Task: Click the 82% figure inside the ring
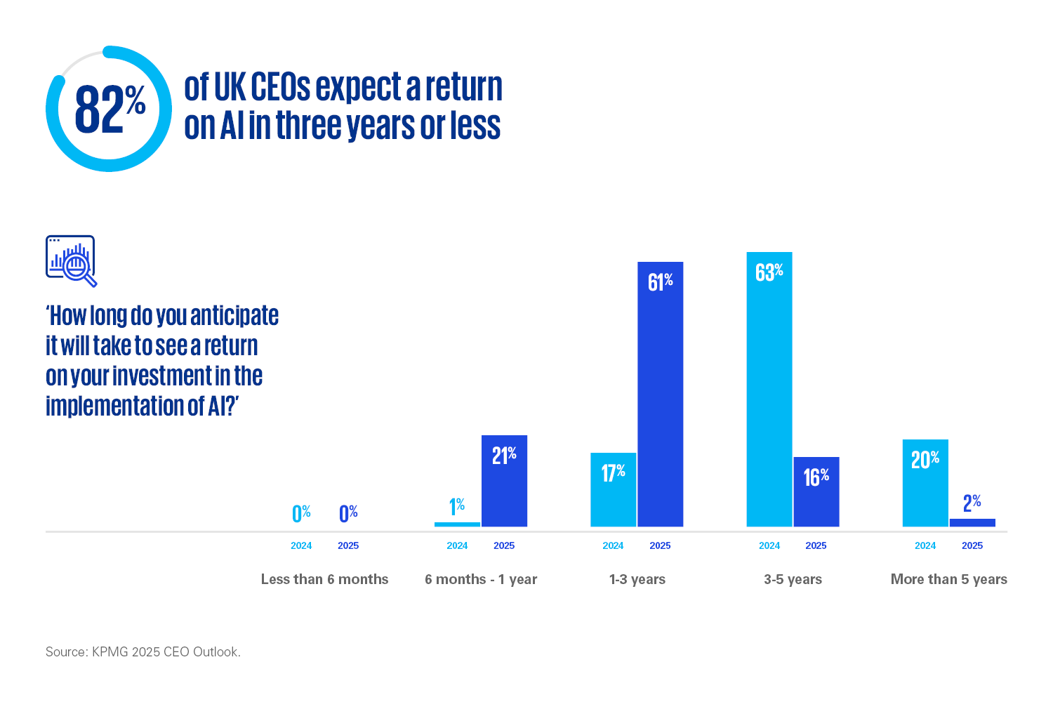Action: coord(110,110)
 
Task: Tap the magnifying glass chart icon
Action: coord(71,260)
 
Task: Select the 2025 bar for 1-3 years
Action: coord(660,407)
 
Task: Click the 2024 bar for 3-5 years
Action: coord(769,400)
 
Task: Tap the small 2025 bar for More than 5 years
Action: coord(972,523)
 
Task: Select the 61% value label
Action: coord(660,282)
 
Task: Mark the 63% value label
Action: coord(769,272)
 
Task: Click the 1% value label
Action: coord(457,506)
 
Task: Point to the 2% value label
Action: coord(972,503)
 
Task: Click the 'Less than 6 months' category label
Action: coord(324,579)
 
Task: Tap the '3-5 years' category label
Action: coord(793,579)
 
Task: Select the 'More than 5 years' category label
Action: coord(948,579)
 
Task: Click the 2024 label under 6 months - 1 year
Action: coord(457,545)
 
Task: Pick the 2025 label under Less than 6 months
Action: coord(348,545)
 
